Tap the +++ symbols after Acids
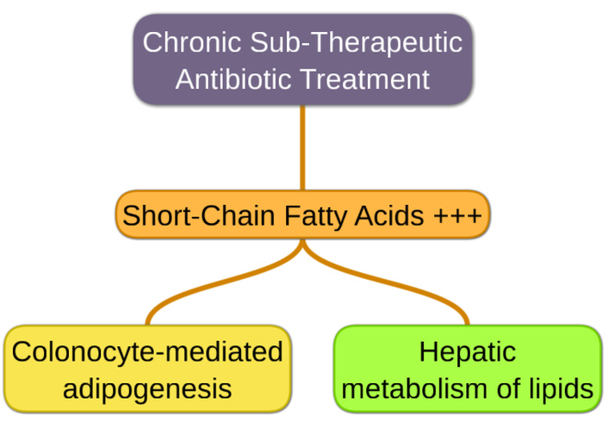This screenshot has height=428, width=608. pos(456,215)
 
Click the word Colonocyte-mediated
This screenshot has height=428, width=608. pos(147,352)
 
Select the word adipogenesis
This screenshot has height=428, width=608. pos(147,388)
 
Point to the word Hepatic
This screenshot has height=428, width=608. pos(468,352)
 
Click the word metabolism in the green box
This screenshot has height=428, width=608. pos(419,388)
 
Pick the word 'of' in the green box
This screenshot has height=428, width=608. pos(510,388)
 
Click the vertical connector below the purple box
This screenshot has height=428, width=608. pos(303,146)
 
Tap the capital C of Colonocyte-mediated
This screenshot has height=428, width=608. pos(22,352)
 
